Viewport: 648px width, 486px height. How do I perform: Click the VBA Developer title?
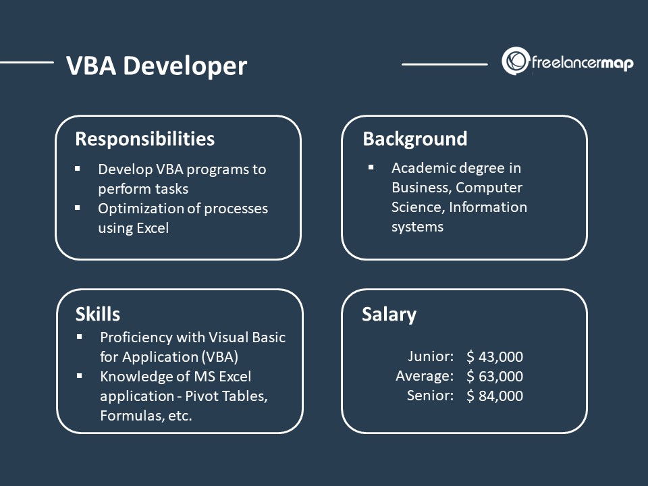[x=157, y=66]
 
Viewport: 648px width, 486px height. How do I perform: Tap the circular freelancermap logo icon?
[x=514, y=61]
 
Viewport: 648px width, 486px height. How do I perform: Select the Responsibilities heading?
[x=144, y=139]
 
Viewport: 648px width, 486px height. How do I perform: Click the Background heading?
[x=414, y=139]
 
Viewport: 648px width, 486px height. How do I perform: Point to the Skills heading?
[x=97, y=314]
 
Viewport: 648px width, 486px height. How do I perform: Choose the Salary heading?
[x=389, y=315]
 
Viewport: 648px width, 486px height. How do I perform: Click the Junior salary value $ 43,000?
[x=495, y=357]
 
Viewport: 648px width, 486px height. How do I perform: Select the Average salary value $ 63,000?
[x=495, y=377]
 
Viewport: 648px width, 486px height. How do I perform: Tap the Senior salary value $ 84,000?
[x=495, y=396]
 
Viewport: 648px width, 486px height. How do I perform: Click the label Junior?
[x=431, y=356]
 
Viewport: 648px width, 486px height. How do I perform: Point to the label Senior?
[x=430, y=396]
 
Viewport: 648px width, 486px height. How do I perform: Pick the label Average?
[x=425, y=376]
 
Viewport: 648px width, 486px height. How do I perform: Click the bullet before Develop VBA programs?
[x=78, y=167]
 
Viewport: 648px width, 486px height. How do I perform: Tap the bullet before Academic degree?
[x=371, y=166]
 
